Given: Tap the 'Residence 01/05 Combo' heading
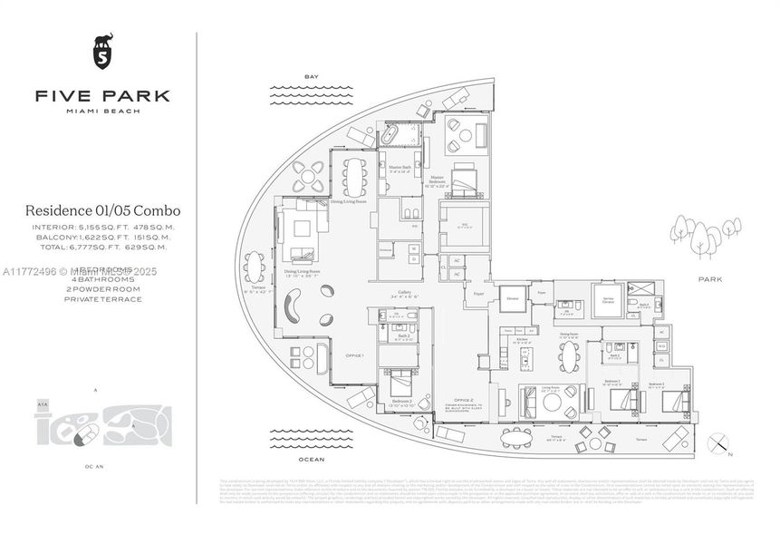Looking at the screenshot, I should pos(102,210).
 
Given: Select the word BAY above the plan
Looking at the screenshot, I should pos(313,77).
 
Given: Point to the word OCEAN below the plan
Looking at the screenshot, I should pos(312,460).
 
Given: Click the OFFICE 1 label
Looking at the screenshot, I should pos(353,355).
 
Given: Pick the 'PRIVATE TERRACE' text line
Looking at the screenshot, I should pos(102,299).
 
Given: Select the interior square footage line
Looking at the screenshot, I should pos(102,228).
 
